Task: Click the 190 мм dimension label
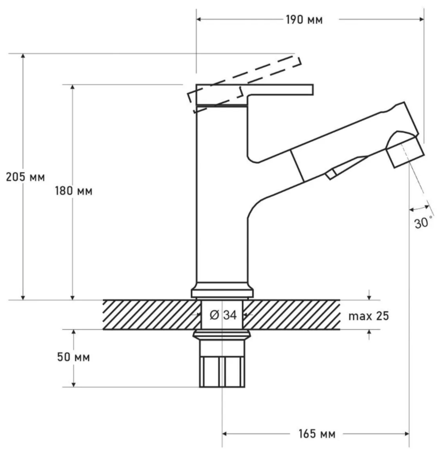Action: point(304,20)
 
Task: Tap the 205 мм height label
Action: point(26,177)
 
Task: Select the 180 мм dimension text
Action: point(74,191)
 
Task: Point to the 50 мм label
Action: point(73,357)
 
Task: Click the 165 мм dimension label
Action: point(317,434)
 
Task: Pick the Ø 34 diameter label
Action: point(223,315)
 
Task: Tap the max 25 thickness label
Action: point(369,316)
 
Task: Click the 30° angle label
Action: point(423,223)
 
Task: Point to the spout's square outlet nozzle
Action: point(405,152)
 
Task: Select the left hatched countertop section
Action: point(152,315)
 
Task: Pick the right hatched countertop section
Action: point(291,315)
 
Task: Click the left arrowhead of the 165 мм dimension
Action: point(225,434)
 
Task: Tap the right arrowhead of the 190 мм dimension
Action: point(422,19)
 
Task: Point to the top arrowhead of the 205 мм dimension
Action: point(23,56)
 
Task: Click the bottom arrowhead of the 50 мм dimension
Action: point(73,384)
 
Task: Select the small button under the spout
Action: point(331,174)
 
